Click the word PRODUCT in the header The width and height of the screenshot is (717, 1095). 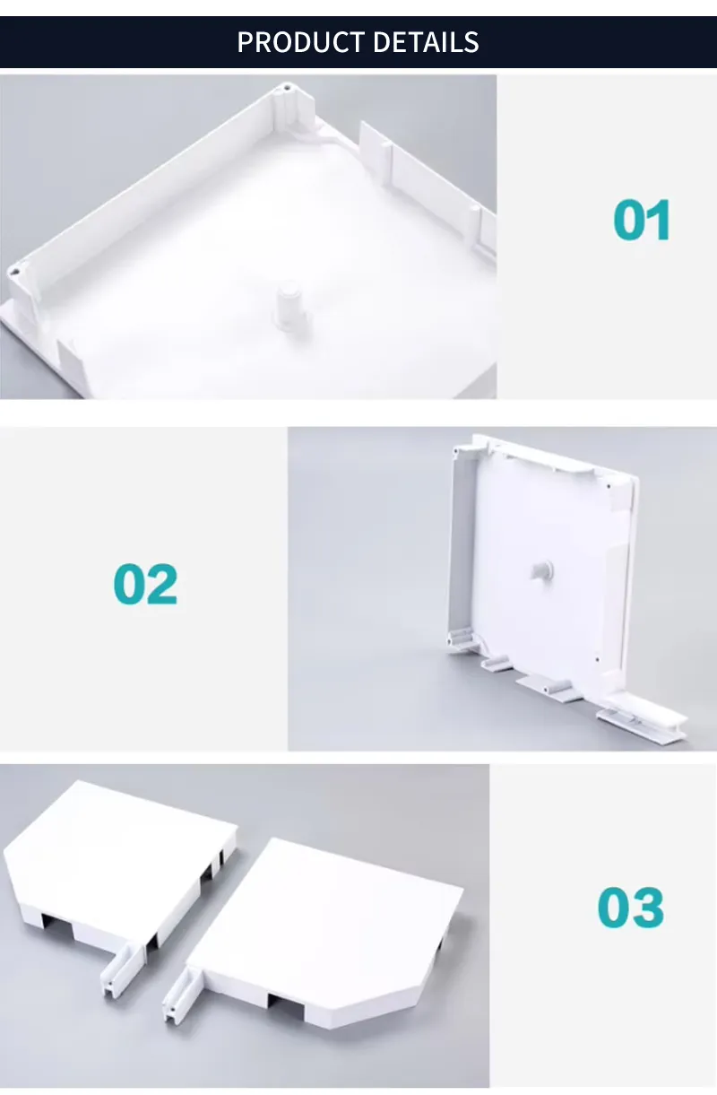[x=300, y=42]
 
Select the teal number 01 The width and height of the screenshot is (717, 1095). [x=642, y=221]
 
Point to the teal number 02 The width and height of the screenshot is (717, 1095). [x=145, y=584]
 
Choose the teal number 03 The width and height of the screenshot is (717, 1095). [x=631, y=908]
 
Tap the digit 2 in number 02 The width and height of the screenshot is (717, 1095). [x=162, y=584]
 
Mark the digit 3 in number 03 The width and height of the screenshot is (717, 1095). [x=648, y=908]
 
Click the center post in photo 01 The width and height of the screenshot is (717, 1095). [x=289, y=305]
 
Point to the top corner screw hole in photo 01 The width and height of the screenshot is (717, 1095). [x=287, y=89]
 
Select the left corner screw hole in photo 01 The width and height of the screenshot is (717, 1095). [x=13, y=269]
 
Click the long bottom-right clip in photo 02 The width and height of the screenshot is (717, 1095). [x=641, y=717]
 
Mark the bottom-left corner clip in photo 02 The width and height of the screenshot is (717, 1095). [x=459, y=639]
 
